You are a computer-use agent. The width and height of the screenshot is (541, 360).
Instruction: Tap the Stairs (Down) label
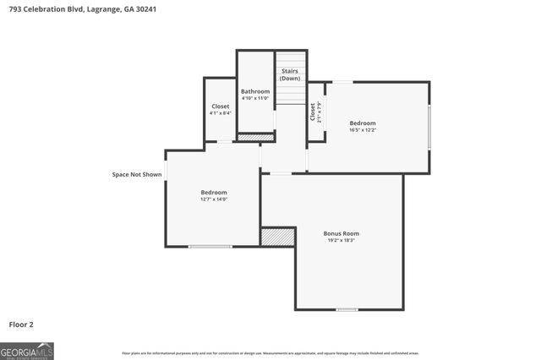point(290,74)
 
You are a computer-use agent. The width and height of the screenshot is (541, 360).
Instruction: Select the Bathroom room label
point(255,91)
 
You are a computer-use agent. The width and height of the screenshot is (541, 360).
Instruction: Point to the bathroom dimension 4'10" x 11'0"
point(255,99)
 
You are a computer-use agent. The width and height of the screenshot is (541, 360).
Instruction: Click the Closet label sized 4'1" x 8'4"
point(220,106)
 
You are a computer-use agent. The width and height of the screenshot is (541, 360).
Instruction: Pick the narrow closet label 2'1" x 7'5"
point(314,112)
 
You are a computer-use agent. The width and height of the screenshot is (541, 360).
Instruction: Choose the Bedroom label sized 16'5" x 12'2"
point(363,123)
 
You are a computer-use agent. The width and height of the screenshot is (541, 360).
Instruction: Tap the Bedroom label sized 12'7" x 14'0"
point(214,193)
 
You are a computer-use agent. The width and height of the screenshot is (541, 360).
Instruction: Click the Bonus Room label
point(342,233)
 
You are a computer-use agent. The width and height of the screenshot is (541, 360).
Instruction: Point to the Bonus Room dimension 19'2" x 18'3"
point(342,241)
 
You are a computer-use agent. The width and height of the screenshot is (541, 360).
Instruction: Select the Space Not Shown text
point(137,175)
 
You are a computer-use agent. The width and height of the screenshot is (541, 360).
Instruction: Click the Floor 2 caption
point(21,324)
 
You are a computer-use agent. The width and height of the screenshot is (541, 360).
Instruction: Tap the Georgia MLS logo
point(27,350)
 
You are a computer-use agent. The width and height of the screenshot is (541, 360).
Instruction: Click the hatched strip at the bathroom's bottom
point(255,137)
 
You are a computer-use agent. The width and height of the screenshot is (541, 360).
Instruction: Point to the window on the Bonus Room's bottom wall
point(347,309)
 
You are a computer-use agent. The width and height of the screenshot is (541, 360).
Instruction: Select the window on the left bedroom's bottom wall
point(210,247)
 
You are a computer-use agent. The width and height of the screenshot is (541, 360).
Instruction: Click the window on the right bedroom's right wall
point(429,127)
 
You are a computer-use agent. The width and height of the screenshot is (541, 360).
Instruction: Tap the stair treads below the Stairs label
point(290,93)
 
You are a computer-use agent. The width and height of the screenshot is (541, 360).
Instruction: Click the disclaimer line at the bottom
point(270,353)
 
